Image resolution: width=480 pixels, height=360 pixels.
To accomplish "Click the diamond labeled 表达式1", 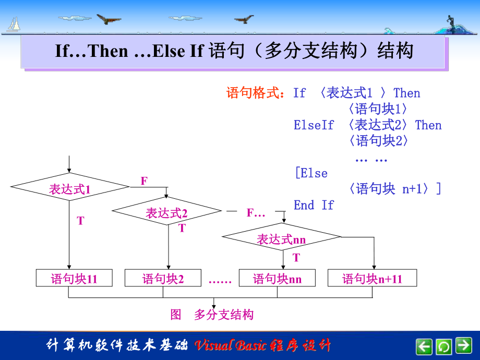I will (69, 186).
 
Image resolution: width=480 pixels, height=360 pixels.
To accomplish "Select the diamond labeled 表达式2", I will (166, 211).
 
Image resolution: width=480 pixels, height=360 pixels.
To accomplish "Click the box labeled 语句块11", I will (74, 278).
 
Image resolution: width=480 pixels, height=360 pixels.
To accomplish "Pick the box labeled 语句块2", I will (163, 278).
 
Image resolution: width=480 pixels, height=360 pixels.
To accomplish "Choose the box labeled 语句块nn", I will (277, 278).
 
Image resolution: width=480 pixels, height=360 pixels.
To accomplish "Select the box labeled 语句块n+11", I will (372, 278).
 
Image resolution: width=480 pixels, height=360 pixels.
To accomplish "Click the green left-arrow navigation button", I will (424, 345).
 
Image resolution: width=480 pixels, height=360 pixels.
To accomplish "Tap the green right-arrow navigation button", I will (463, 345).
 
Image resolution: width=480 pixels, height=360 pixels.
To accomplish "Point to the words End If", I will (313, 205).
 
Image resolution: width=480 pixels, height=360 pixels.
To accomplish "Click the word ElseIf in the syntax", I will (313, 125).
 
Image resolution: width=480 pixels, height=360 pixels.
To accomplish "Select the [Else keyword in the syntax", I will (311, 173).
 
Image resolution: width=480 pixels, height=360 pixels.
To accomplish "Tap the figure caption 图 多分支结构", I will (212, 315).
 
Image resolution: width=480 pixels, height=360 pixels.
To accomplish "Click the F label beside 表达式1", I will (144, 181).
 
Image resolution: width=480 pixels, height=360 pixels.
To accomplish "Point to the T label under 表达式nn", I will (296, 257).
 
